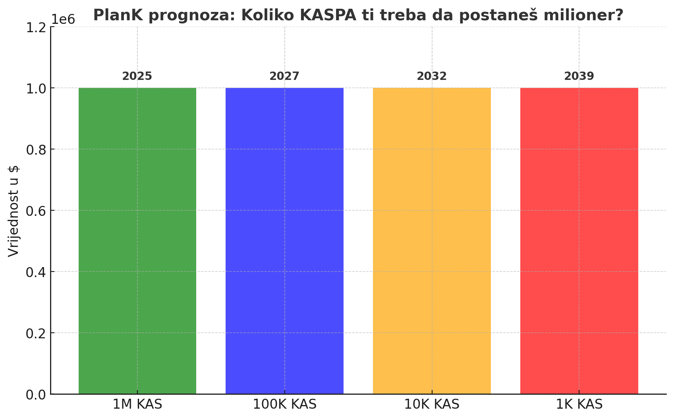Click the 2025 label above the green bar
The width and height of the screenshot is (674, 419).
pyautogui.click(x=137, y=76)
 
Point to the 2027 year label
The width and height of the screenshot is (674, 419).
pyautogui.click(x=284, y=76)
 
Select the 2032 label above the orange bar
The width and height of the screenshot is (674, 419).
pyautogui.click(x=432, y=76)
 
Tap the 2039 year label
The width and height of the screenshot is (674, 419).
pyautogui.click(x=579, y=76)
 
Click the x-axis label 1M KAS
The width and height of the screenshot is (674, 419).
pyautogui.click(x=137, y=405)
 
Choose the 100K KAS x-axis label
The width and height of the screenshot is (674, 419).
pyautogui.click(x=284, y=405)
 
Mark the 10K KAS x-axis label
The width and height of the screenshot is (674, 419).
pyautogui.click(x=432, y=405)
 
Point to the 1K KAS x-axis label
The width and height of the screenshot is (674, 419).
pyautogui.click(x=579, y=405)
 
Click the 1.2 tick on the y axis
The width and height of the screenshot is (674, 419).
pyautogui.click(x=36, y=27)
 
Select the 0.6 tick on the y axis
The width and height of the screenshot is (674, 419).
pyautogui.click(x=36, y=211)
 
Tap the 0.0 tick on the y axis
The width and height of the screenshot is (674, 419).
pyautogui.click(x=36, y=394)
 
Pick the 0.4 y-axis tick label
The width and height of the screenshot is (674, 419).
pyautogui.click(x=36, y=272)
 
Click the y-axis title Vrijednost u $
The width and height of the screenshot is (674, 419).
pyautogui.click(x=14, y=211)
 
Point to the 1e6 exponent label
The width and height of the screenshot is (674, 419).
pyautogui.click(x=64, y=19)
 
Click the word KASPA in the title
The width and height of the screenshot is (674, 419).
pyautogui.click(x=328, y=16)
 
